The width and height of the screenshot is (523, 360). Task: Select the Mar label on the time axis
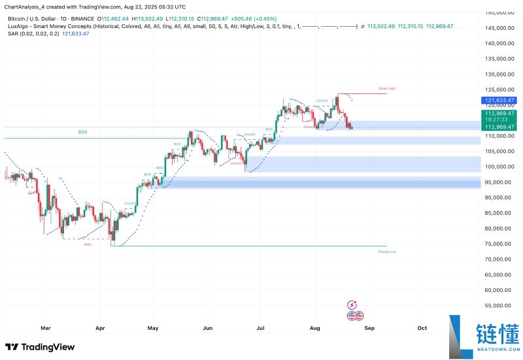pos(45,329)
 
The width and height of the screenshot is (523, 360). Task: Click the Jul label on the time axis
pos(261,329)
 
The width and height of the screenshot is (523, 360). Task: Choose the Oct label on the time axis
pos(422,329)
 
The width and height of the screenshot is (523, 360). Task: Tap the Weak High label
pos(387,88)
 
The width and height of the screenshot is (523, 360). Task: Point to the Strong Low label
pos(387,252)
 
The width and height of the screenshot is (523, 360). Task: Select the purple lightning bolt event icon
pos(353,304)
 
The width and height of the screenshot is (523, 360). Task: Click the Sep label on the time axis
pos(369,329)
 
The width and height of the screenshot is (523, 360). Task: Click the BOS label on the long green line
pos(82,132)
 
